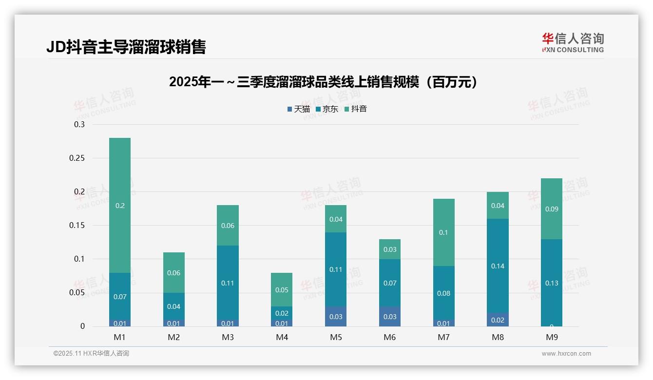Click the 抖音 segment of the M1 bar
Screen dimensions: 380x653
coord(120,205)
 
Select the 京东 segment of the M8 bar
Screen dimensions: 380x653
coord(498,266)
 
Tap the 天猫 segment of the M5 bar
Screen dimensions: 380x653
coord(336,317)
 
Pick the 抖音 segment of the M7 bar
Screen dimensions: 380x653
coord(444,232)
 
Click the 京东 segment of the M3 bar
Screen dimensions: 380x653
coord(228,283)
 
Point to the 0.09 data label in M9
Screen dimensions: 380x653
coord(552,209)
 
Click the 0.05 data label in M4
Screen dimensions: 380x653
coord(282,290)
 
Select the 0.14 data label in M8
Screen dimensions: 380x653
coord(498,266)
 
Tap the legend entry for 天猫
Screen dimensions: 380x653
coord(298,109)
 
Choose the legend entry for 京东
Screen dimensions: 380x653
coord(327,109)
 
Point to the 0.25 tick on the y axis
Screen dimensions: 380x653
coord(79,158)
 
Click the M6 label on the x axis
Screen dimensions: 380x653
coord(390,337)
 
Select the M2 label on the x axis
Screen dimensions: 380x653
coord(174,337)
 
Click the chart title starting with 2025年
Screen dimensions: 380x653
coord(324,82)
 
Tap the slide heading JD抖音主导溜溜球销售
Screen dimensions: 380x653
coord(126,47)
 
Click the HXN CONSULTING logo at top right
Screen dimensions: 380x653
coord(573,43)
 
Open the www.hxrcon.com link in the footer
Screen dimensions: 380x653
coord(566,354)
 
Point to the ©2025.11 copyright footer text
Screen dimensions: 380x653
coord(91,354)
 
